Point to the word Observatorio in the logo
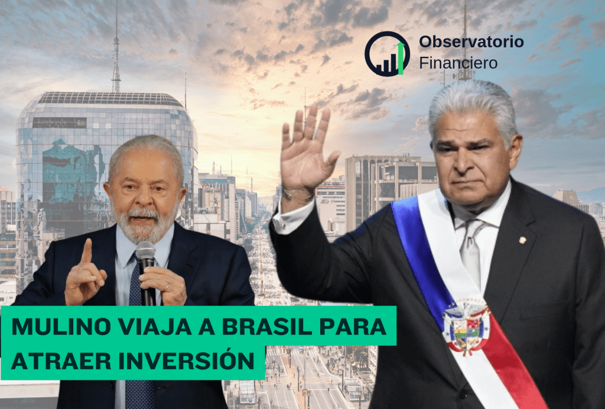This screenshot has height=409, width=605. (x=471, y=42)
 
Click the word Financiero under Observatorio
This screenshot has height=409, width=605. (x=458, y=62)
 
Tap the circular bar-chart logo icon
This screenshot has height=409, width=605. (x=387, y=53)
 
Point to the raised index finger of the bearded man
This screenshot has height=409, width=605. (x=87, y=252)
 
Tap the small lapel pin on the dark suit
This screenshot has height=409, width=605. (x=522, y=240)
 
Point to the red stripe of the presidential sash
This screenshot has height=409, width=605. (x=508, y=367)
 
